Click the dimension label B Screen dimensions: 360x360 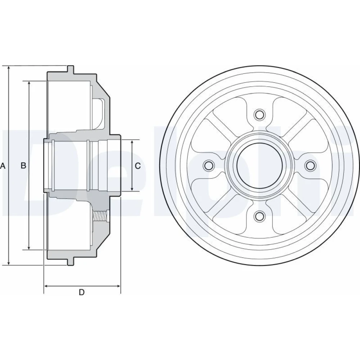pyautogui.click(x=23, y=165)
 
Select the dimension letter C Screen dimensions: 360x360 pyautogui.click(x=138, y=166)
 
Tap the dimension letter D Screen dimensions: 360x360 pyautogui.click(x=82, y=292)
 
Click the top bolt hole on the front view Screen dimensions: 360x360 pyautogui.click(x=260, y=114)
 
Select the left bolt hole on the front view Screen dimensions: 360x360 pyautogui.click(x=209, y=165)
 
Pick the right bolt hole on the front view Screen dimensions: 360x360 pyautogui.click(x=310, y=165)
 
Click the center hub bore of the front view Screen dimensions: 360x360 pyautogui.click(x=260, y=165)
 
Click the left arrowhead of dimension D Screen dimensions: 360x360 pyautogui.click(x=46, y=286)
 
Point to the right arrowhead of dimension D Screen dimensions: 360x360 pyautogui.click(x=118, y=286)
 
